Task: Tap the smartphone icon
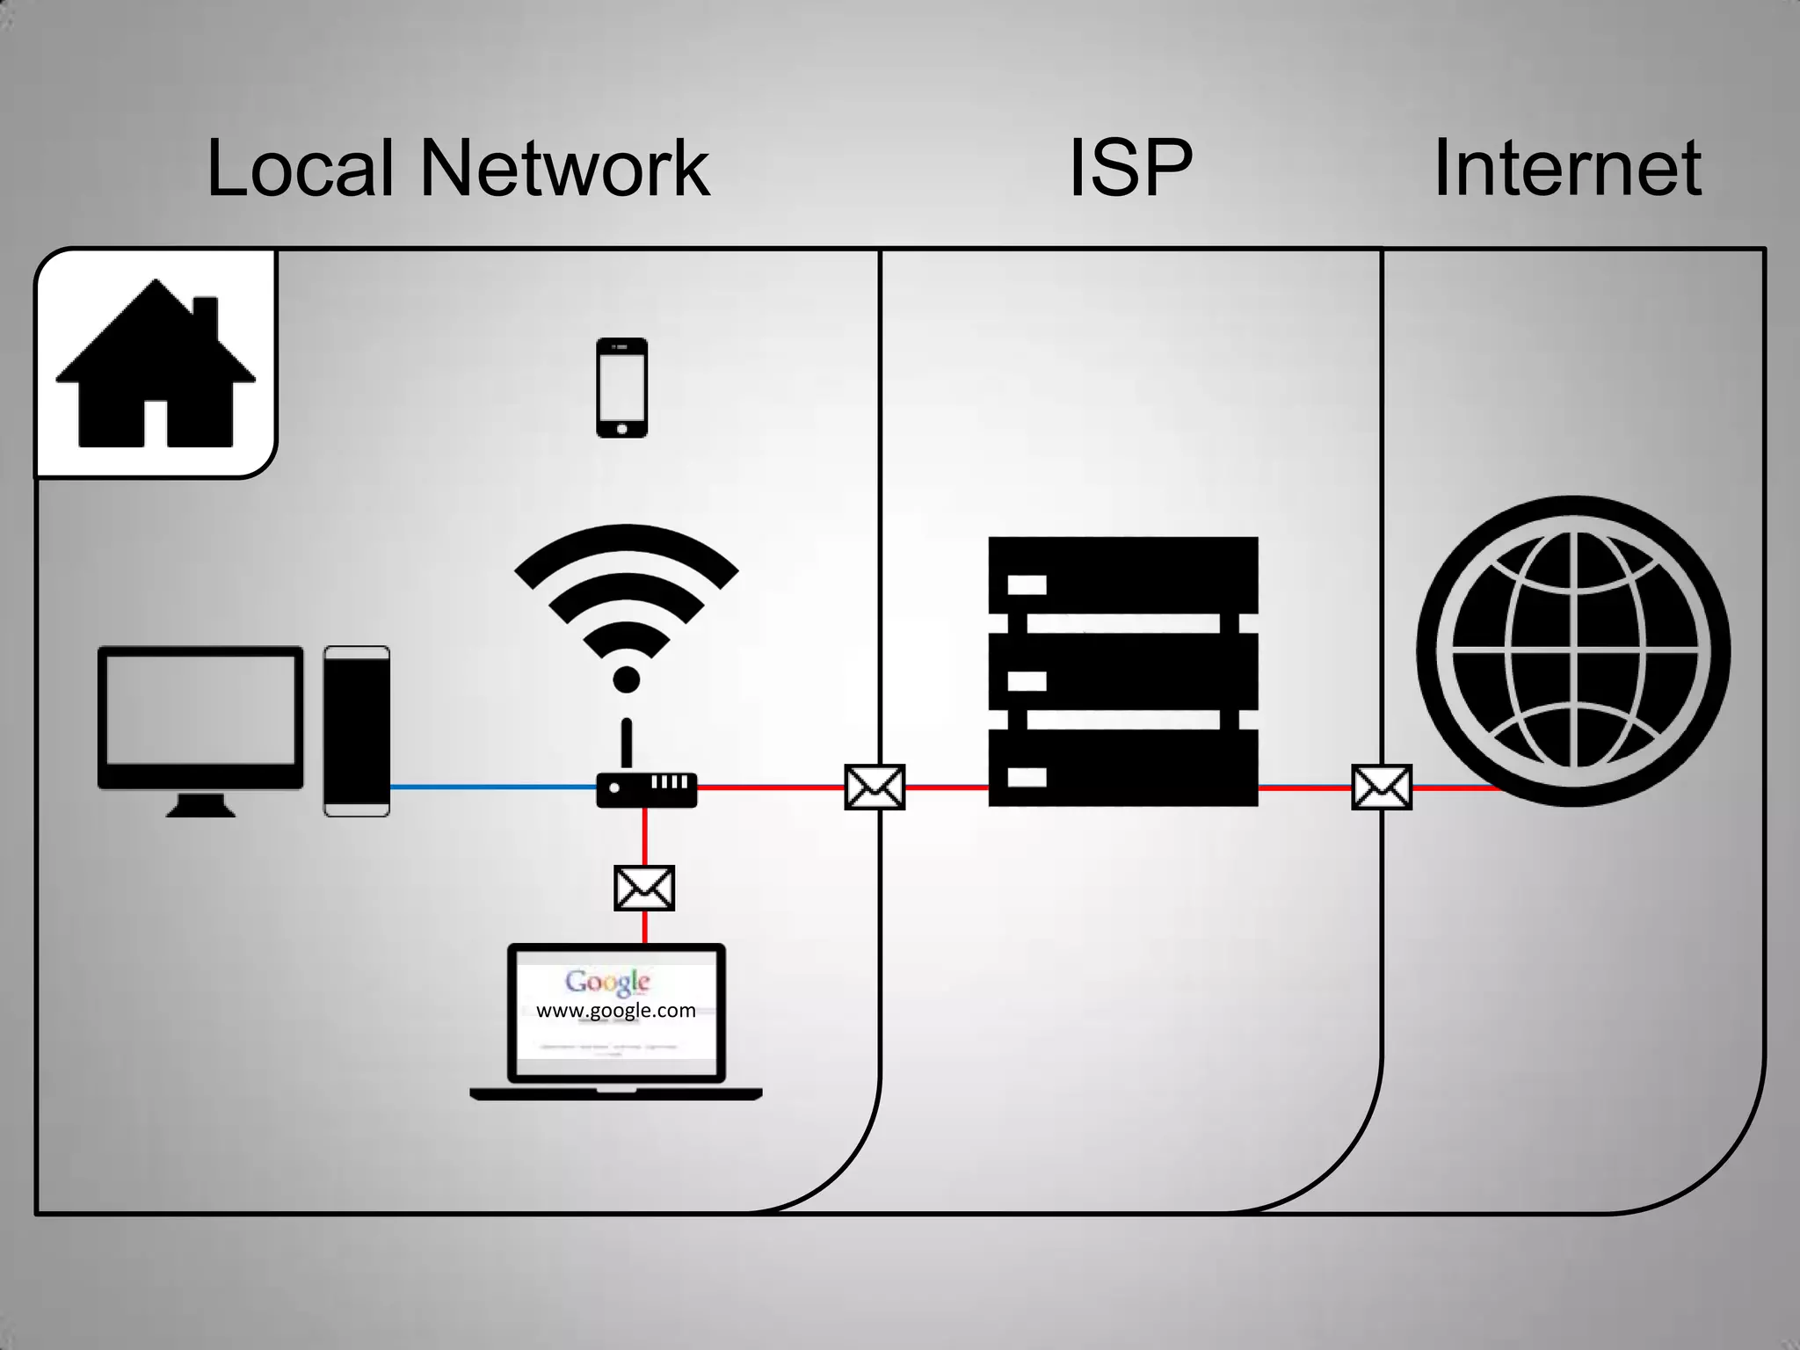621,387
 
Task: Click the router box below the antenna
647,789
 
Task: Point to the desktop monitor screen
200,710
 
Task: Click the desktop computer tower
357,731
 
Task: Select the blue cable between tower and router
492,787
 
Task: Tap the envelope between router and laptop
644,888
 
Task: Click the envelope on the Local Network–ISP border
875,787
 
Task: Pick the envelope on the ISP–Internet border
1382,787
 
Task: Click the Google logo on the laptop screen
607,982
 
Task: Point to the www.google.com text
615,1011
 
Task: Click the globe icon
1573,650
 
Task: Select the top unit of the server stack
1123,576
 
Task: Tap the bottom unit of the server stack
1123,769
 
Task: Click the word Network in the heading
564,169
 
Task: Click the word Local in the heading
301,169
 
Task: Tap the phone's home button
622,429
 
